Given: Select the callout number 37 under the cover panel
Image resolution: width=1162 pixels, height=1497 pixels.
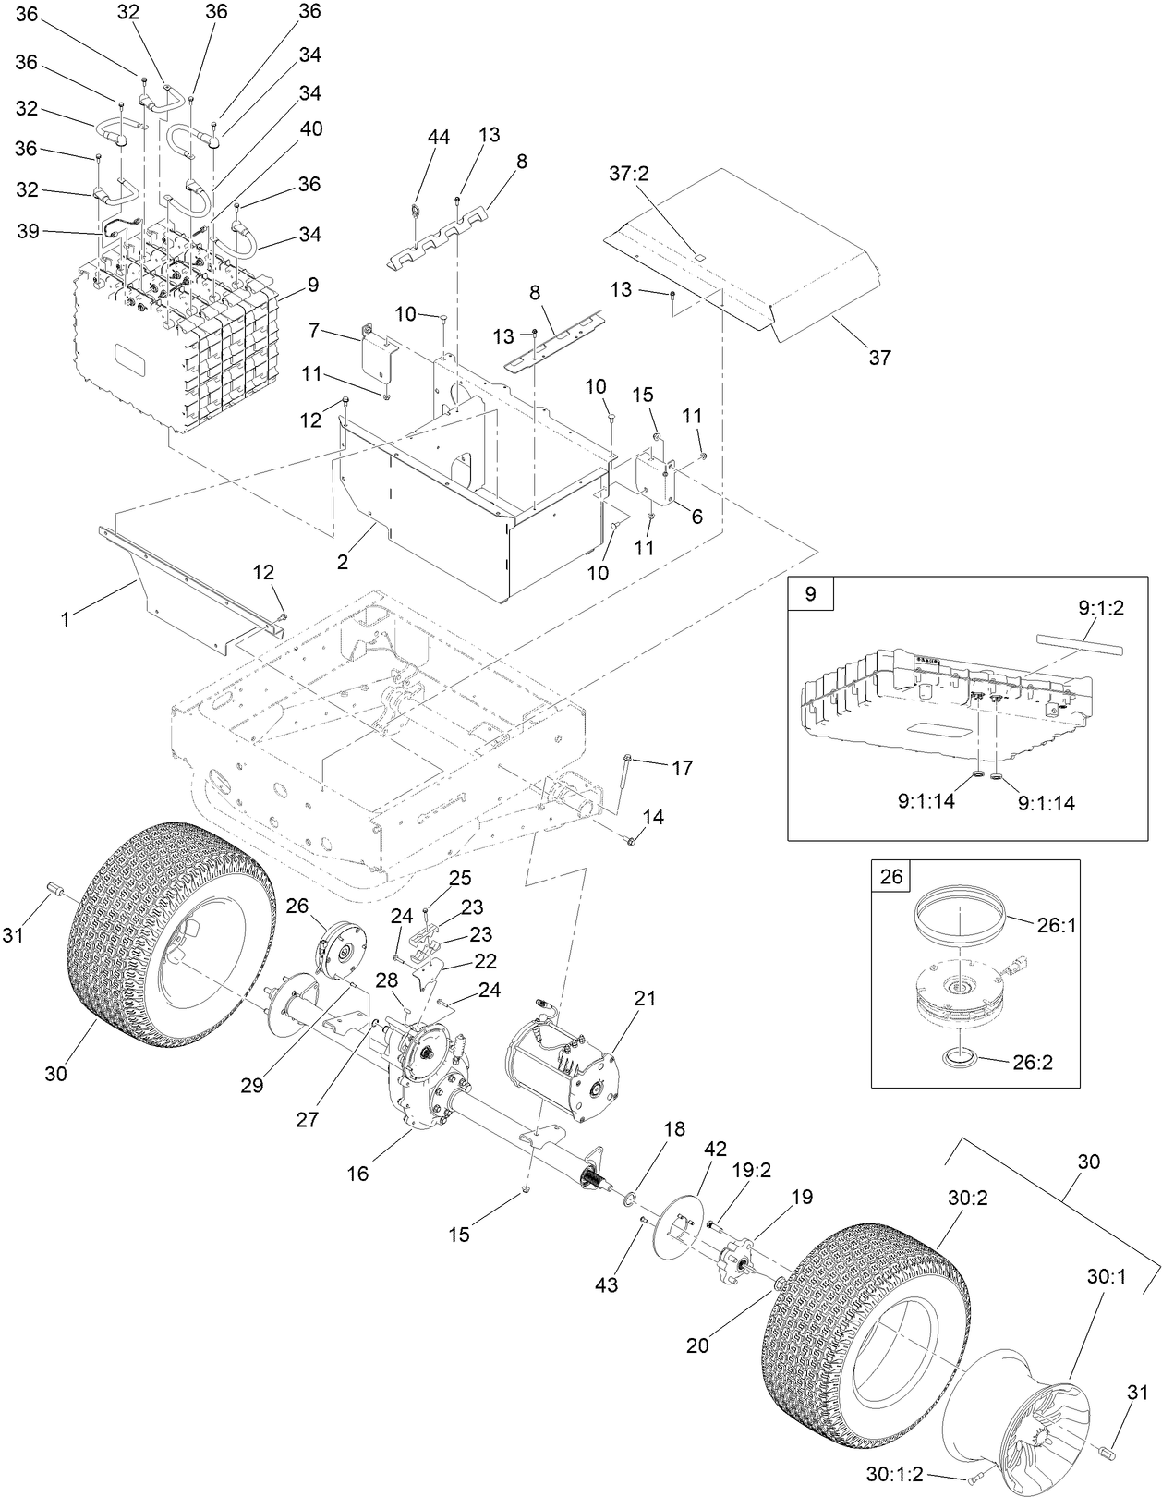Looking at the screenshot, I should click(x=879, y=357).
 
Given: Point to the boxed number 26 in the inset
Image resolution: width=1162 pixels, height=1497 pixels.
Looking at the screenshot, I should click(x=891, y=876).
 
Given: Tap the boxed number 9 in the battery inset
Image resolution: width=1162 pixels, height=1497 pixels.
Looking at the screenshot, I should click(x=810, y=594).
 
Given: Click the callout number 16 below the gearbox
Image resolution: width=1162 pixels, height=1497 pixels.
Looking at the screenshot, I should click(x=357, y=1174).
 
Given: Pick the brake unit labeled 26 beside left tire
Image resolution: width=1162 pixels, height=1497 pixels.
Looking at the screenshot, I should click(x=342, y=952).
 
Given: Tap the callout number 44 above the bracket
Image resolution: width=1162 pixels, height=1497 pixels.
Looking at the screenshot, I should click(x=438, y=137).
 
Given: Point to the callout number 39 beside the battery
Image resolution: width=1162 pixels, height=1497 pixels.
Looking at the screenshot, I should click(x=29, y=232).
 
